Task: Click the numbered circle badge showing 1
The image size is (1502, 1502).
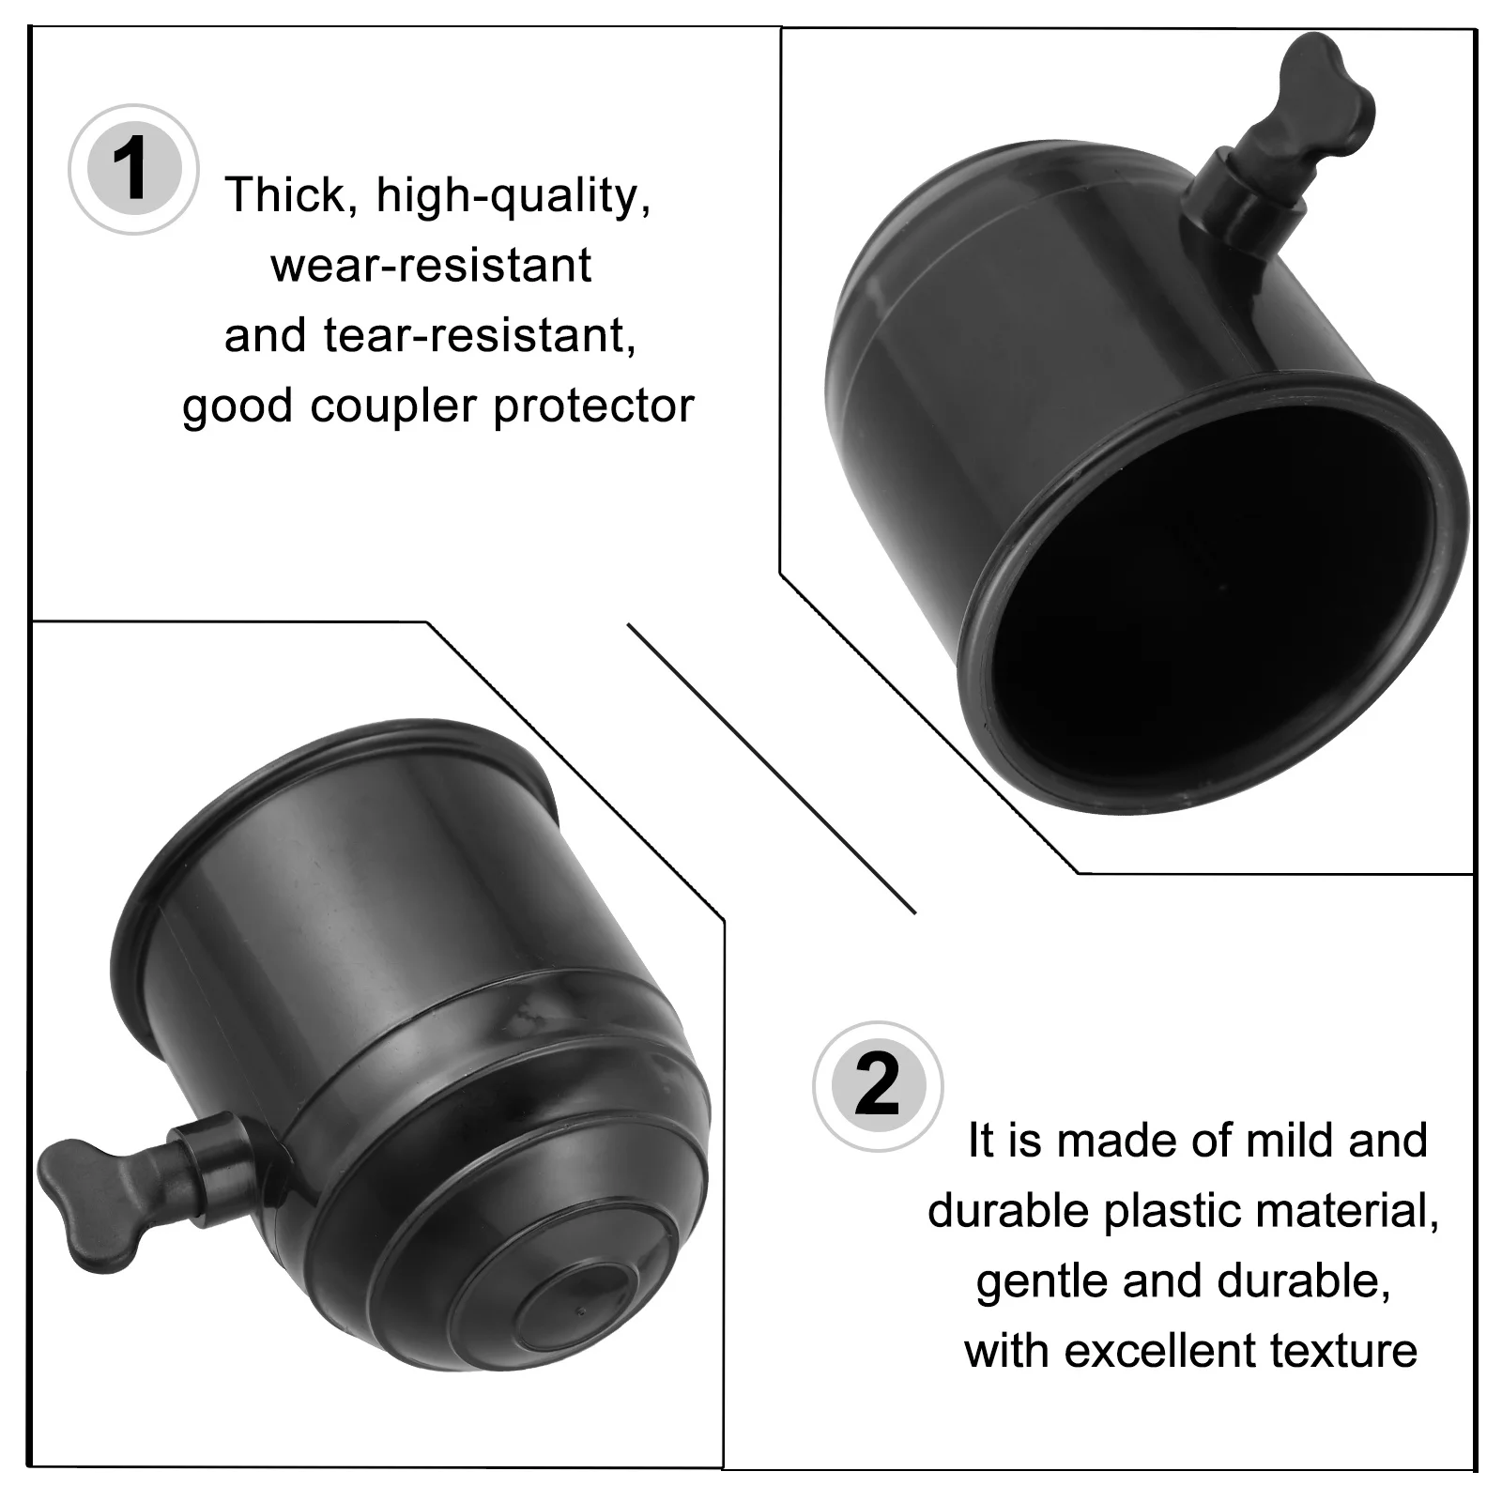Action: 133,170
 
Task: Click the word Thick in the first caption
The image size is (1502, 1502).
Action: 285,195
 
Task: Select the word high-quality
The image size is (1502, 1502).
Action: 513,197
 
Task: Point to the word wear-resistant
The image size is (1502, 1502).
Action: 431,266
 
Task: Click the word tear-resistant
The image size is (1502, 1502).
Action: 480,336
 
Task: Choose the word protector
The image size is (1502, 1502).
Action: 593,406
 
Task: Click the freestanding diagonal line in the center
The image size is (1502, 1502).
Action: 770,767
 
